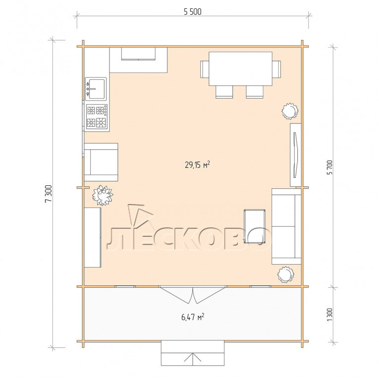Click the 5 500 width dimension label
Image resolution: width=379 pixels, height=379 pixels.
coord(192,11)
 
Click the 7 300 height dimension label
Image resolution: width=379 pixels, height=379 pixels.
coord(49,193)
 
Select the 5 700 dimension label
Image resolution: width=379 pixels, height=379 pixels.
coord(330,167)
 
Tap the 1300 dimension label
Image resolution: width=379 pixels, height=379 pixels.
coord(329,315)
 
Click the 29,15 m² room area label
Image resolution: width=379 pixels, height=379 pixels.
coord(197,164)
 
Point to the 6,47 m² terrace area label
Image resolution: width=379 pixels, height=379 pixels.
coord(193,317)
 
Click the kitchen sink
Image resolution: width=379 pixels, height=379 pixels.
coord(96,89)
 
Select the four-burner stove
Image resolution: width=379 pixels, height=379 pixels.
coord(97,116)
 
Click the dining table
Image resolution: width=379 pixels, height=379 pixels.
coord(240,68)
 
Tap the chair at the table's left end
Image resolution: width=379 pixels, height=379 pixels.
coord(205,69)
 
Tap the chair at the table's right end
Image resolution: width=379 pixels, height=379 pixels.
coord(276,69)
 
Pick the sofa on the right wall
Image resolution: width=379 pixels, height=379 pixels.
coord(286,226)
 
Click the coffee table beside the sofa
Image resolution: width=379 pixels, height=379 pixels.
coord(255,226)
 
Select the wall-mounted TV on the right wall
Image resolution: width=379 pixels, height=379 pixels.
coord(295,155)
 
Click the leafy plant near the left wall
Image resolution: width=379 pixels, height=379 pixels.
coord(103,195)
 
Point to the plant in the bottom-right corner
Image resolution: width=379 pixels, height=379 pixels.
coord(286,274)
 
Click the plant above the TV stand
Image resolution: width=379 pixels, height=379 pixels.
coord(290,111)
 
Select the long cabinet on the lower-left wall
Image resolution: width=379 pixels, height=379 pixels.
coord(92,237)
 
